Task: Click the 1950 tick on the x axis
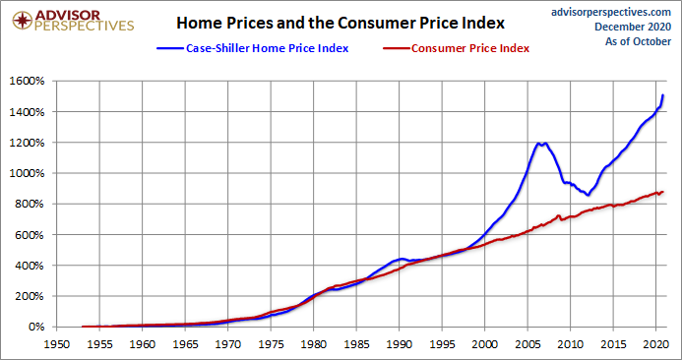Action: tap(56, 345)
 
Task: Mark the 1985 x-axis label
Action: tap(356, 345)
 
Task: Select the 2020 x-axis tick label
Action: tap(656, 345)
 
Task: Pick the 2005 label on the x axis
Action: tap(527, 345)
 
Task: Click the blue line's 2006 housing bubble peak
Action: tap(539, 144)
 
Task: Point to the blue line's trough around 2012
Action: tap(588, 195)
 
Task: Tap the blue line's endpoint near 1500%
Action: tap(663, 95)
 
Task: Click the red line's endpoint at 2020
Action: tap(663, 192)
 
